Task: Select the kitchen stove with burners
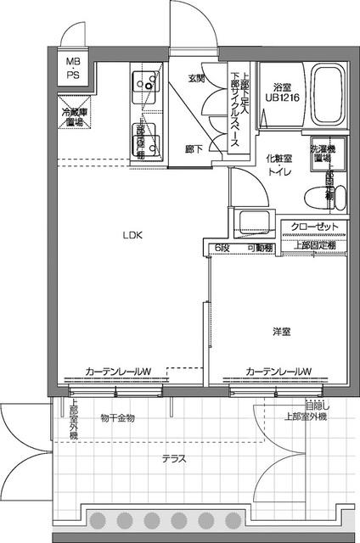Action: (146, 82)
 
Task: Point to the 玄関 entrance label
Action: (196, 79)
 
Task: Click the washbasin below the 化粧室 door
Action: (255, 223)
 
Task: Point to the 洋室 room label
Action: (282, 332)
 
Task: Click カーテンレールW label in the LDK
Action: (118, 372)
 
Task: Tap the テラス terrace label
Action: (174, 459)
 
